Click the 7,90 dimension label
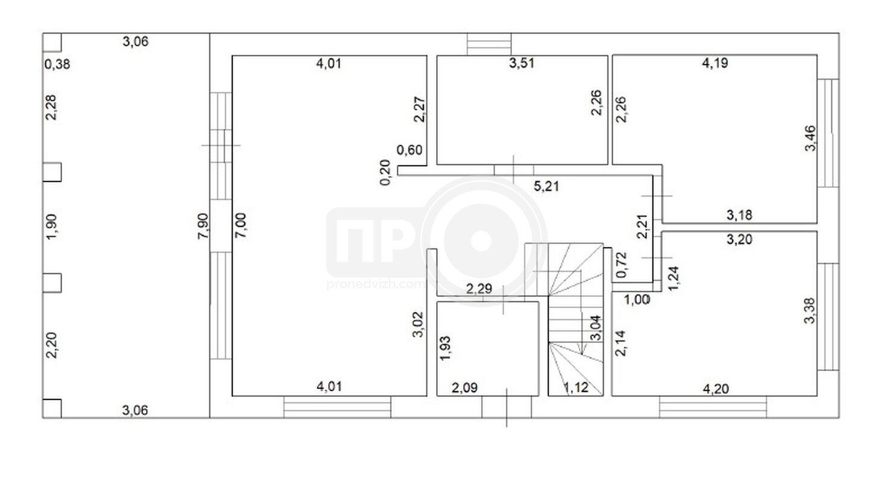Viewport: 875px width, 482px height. coord(203,226)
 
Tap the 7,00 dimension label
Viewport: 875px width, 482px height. coord(241,225)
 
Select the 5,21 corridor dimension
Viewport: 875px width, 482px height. coord(546,187)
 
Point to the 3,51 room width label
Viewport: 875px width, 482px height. coord(522,63)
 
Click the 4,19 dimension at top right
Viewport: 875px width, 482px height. coord(715,63)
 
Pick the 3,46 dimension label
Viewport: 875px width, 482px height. coord(810,138)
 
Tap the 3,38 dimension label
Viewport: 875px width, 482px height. coord(810,311)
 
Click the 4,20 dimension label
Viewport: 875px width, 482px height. coord(716,389)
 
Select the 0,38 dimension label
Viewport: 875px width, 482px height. coord(57,64)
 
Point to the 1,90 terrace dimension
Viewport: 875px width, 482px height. coord(52,227)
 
